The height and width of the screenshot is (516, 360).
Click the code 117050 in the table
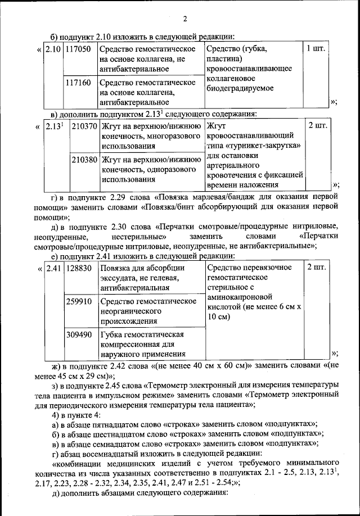pos(78,49)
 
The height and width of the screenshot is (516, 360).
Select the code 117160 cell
pos(78,82)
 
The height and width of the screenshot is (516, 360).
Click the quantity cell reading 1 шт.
pos(316,49)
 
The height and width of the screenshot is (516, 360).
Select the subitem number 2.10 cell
pos(53,49)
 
